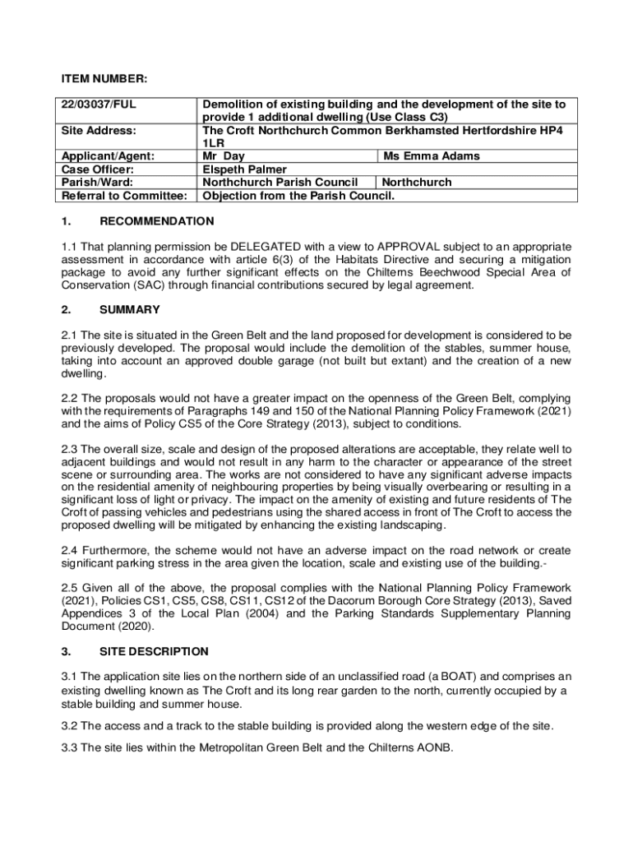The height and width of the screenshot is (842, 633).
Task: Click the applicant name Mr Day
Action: click(224, 155)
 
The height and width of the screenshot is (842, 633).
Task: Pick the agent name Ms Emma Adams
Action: click(432, 155)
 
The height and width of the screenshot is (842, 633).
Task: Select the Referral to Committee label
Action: click(124, 195)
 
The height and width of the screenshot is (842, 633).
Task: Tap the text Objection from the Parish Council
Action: click(299, 195)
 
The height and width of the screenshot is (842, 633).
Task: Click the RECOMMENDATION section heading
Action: click(156, 221)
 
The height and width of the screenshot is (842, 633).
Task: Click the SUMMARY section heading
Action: click(129, 310)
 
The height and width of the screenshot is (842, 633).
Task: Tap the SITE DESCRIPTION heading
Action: click(154, 651)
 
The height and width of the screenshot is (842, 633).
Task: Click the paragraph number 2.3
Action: click(70, 449)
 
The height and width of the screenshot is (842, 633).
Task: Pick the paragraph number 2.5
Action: click(70, 588)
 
